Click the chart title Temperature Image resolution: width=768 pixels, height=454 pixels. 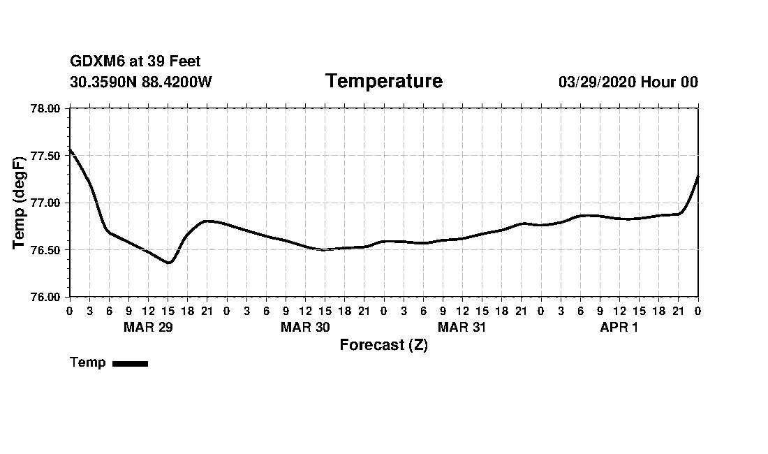coord(383,82)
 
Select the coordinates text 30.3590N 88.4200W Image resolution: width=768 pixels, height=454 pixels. coord(141,82)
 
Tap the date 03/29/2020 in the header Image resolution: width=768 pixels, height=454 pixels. coord(597,82)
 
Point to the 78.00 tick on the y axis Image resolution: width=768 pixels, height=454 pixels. coord(46,108)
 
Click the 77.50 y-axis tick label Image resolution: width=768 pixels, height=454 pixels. coord(46,156)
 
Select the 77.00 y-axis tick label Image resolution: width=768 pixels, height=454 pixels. coord(46,203)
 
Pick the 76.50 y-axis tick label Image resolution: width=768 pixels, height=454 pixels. coord(46,249)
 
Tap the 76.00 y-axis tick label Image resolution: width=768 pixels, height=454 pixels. coord(46,297)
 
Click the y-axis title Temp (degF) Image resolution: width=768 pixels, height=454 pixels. coord(20,203)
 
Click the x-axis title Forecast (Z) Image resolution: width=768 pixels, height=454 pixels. coord(383,345)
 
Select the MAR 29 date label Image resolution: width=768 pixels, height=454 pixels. coord(148,327)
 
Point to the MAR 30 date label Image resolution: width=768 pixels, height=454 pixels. coord(305,327)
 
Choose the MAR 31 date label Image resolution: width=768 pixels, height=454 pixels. coord(462,327)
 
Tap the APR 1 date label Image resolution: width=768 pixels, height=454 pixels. coord(619,327)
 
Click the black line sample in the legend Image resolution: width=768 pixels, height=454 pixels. coord(130,363)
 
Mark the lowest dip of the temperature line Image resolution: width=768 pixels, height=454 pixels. coord(168,263)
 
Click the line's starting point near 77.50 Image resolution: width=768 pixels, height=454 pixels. coord(71,149)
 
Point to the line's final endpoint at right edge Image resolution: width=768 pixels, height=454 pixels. coord(697,177)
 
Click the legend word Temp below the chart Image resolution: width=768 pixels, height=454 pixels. coord(88,363)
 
